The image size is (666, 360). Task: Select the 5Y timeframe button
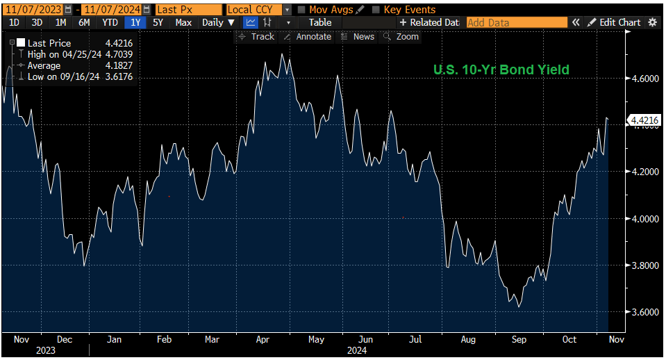[158, 22]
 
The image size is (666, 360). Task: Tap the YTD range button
[110, 22]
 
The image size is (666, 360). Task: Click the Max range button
[183, 22]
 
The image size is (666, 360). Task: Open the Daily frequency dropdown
[217, 22]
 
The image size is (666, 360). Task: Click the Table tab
[320, 22]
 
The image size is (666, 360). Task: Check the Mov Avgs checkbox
[301, 10]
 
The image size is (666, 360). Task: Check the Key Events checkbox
[376, 10]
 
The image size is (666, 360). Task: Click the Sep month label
[519, 339]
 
